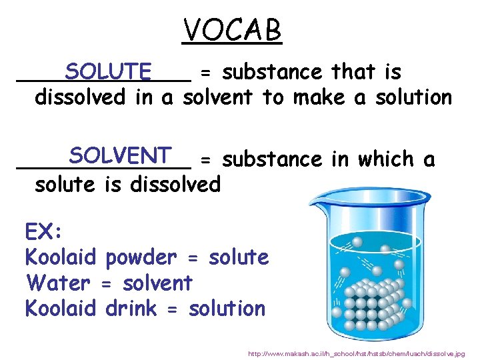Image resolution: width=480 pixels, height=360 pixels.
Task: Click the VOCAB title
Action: tap(233, 30)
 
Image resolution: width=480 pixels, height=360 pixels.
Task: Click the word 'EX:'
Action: tap(43, 232)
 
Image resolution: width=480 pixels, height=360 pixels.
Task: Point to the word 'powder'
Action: tap(141, 258)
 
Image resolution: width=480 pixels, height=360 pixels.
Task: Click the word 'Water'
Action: tap(57, 283)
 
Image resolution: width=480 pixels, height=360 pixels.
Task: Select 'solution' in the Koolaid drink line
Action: tap(227, 309)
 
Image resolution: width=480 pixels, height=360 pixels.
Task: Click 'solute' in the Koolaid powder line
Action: tap(238, 257)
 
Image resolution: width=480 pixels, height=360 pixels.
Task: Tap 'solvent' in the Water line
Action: tap(157, 283)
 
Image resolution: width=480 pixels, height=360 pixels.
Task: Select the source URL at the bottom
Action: tap(357, 353)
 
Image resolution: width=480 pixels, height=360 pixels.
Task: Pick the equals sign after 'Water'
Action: tap(105, 284)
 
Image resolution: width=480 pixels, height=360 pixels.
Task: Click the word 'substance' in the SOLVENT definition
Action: tap(273, 160)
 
